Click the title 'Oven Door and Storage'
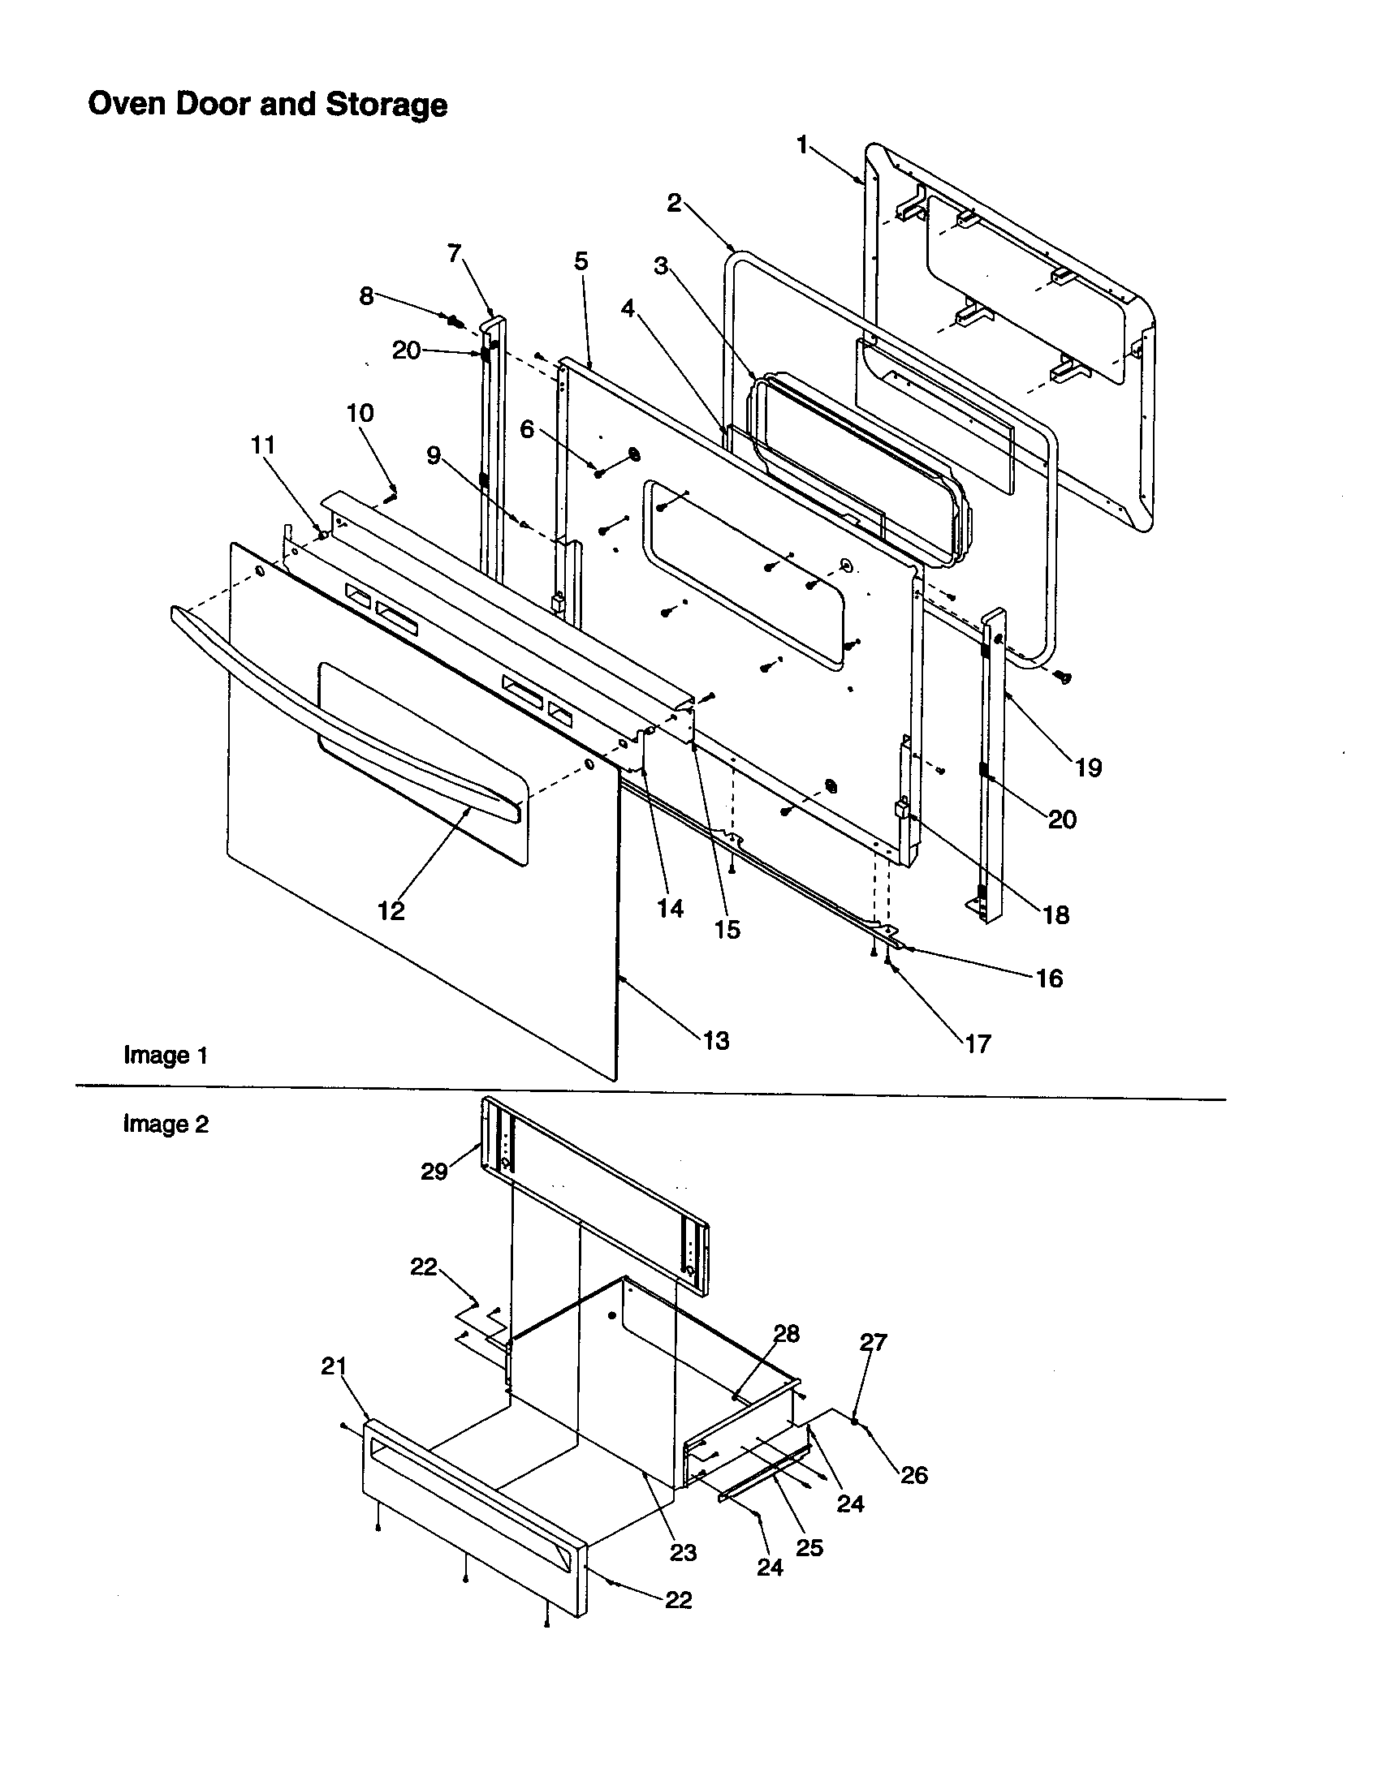(x=267, y=105)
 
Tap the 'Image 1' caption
(x=165, y=1055)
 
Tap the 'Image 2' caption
(x=165, y=1125)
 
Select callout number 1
(x=802, y=145)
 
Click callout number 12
(x=391, y=910)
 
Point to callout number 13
(x=715, y=1041)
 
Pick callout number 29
(x=434, y=1171)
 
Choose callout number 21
(x=334, y=1366)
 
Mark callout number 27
(x=874, y=1342)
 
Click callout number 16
(x=1049, y=979)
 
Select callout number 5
(x=581, y=261)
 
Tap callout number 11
(x=262, y=445)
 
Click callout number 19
(x=1088, y=768)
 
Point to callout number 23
(x=683, y=1552)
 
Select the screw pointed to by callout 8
(x=452, y=319)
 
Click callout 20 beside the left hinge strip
(x=407, y=351)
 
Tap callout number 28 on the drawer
(x=786, y=1334)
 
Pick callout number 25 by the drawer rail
(x=809, y=1548)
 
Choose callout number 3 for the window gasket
(x=661, y=265)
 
